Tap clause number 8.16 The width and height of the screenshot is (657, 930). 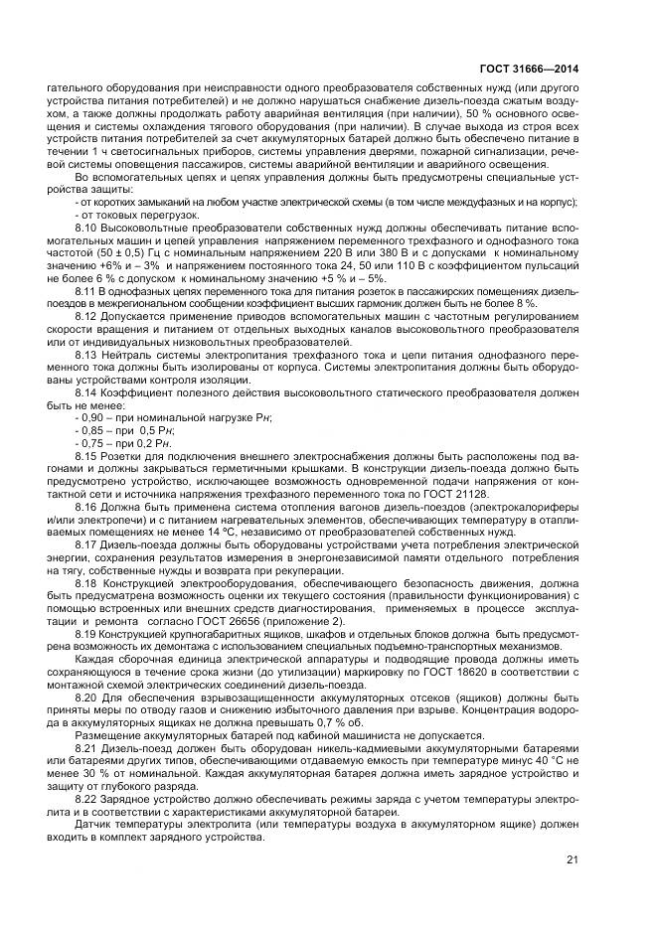[x=88, y=507]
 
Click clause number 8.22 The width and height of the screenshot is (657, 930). [x=88, y=797]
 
